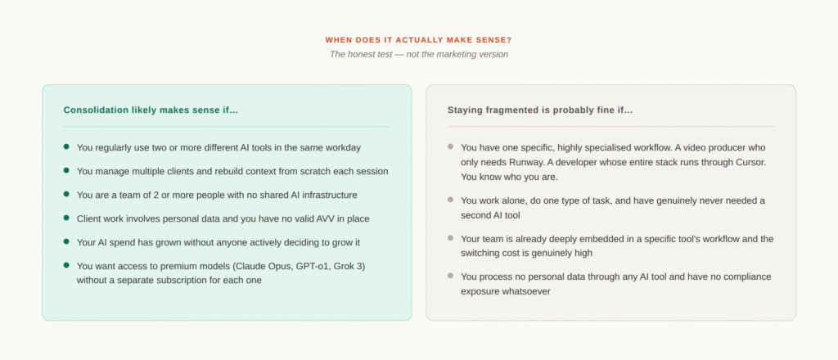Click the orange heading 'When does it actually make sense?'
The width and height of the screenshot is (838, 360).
[x=418, y=40]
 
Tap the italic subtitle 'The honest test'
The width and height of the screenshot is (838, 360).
[x=361, y=54]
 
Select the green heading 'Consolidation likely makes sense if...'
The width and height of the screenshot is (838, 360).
[x=151, y=110]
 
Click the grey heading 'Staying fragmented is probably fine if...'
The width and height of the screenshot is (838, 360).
[x=540, y=110]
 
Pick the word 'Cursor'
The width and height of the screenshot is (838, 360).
[x=750, y=162]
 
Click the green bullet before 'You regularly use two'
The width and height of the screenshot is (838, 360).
[x=66, y=146]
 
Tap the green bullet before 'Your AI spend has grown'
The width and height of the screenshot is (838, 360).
[x=66, y=241]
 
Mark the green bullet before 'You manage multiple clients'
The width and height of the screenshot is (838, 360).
[x=66, y=170]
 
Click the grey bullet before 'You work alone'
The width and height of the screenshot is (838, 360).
[x=451, y=200]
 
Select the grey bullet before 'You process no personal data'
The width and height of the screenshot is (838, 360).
[x=451, y=276]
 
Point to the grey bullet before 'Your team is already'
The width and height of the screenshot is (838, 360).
[x=451, y=238]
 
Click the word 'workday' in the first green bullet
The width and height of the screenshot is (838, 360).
[x=343, y=147]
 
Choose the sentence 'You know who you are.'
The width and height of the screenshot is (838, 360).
[x=509, y=177]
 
